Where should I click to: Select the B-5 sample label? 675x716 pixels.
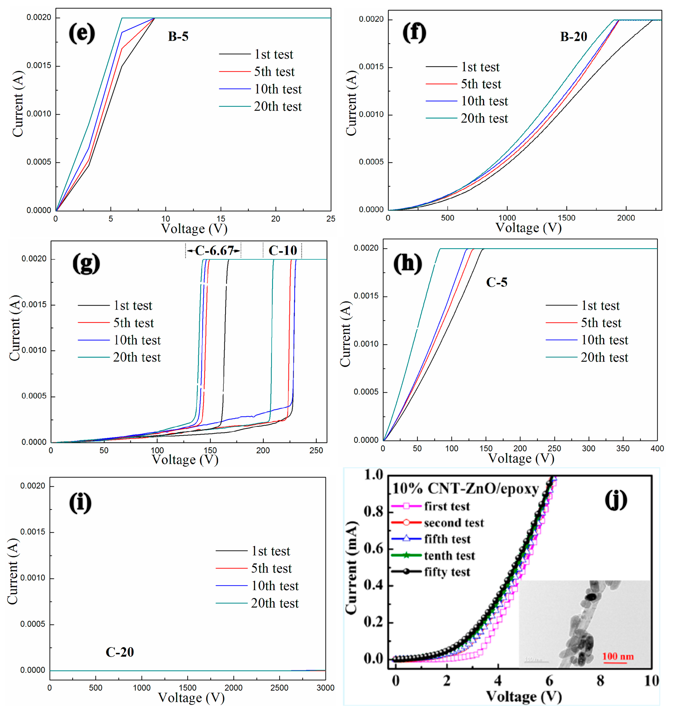(x=178, y=36)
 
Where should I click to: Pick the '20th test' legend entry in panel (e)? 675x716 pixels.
(x=278, y=107)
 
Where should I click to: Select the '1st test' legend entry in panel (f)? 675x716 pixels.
(x=480, y=67)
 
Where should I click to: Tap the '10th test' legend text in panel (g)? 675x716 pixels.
(x=137, y=340)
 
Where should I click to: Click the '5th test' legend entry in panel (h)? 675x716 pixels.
(x=601, y=323)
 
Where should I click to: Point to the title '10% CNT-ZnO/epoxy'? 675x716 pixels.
(x=465, y=489)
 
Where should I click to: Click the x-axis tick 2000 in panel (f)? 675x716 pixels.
(x=626, y=218)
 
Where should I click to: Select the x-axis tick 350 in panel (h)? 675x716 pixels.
(x=623, y=448)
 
